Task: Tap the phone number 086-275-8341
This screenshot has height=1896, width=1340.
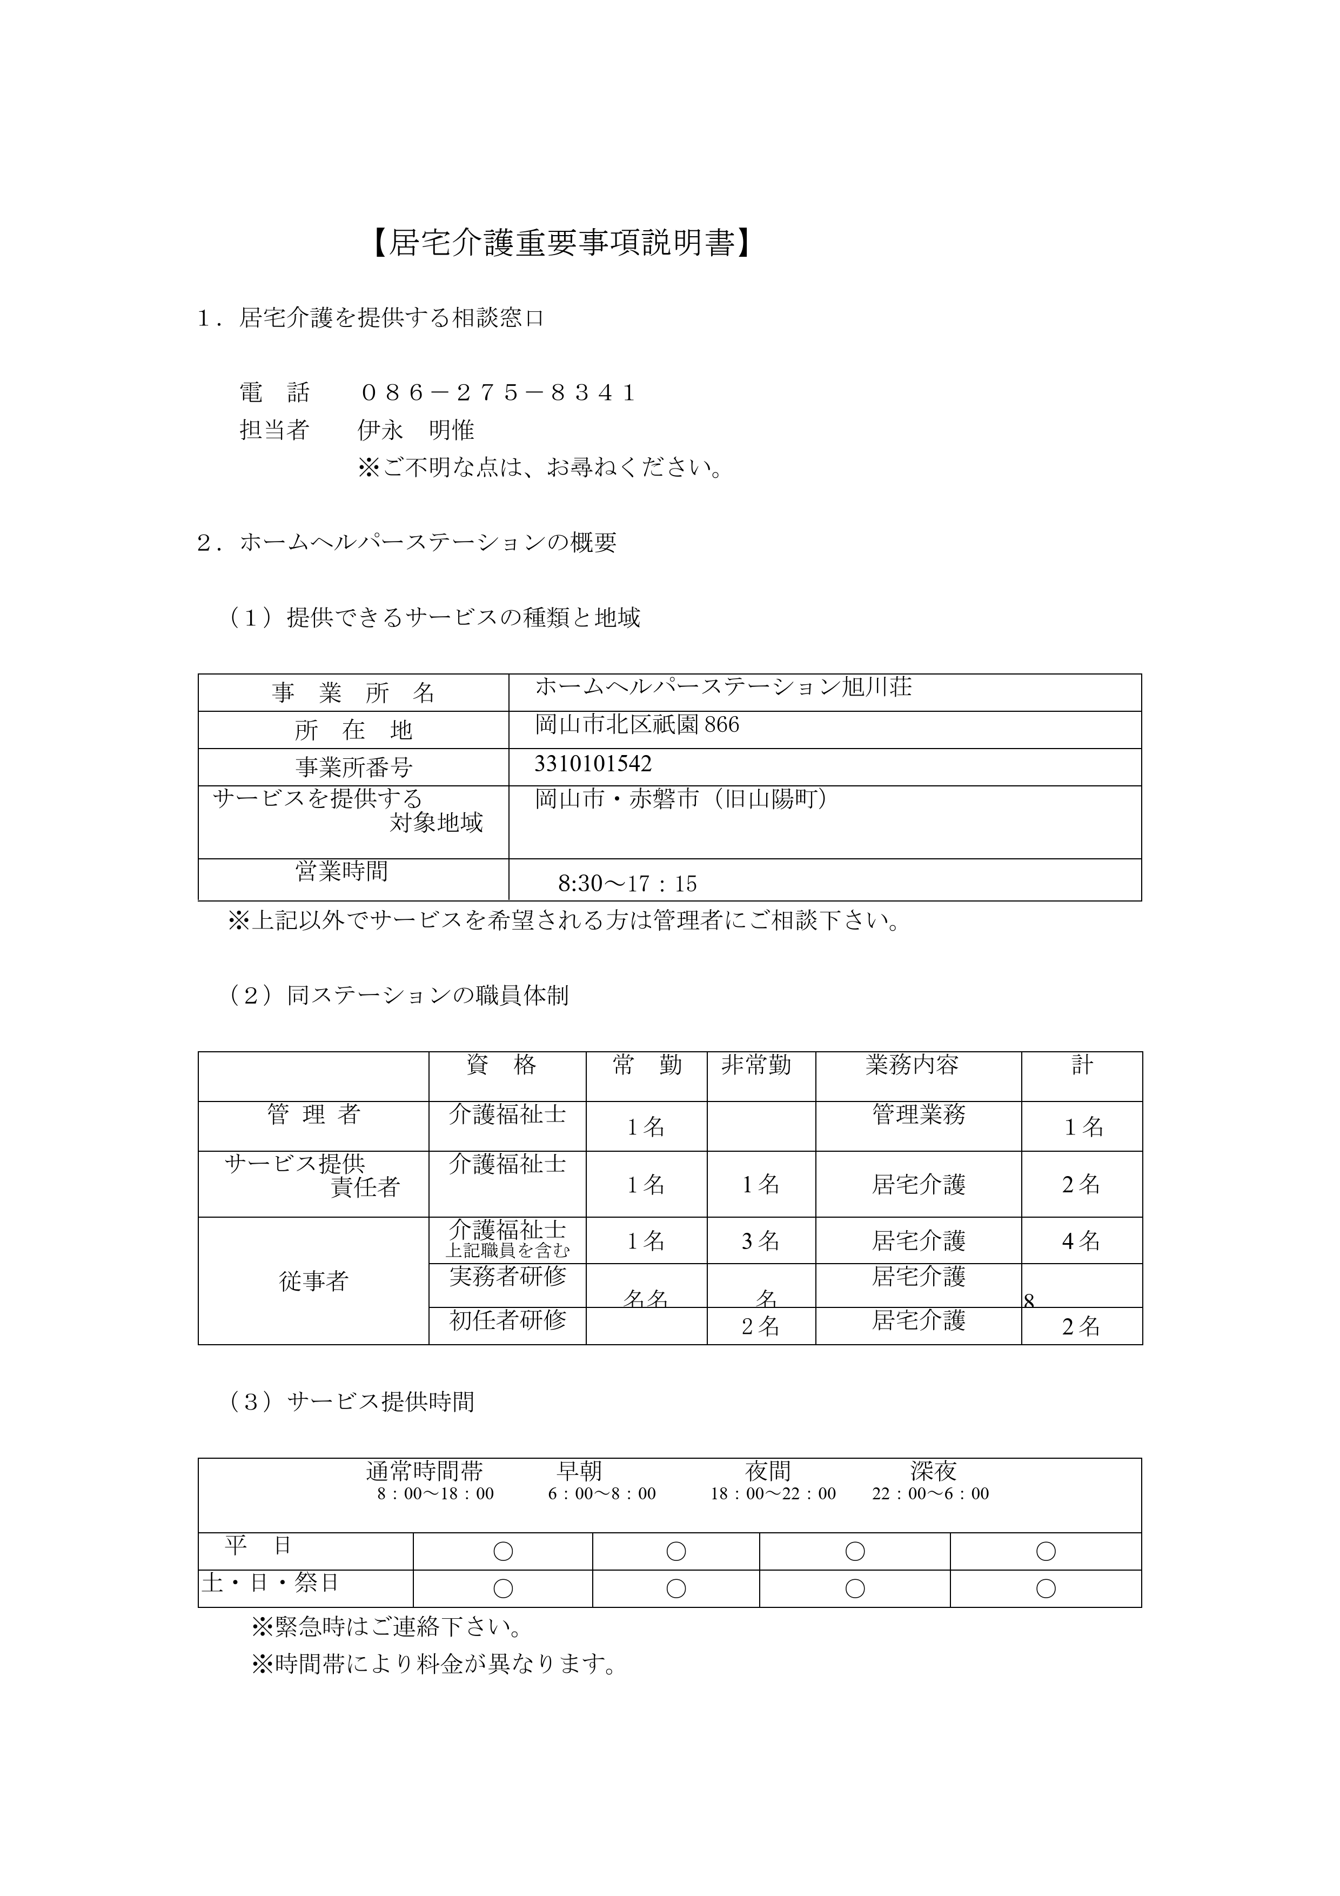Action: (497, 392)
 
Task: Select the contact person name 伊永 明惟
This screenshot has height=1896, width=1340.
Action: (416, 430)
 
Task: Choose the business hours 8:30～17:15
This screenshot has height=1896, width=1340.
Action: (627, 884)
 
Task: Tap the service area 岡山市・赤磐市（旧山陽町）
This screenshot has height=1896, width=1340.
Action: (681, 799)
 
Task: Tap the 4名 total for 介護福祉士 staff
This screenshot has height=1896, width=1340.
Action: (1081, 1241)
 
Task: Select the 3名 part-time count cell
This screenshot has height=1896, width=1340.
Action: (760, 1241)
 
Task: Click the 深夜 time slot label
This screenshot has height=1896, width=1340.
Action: (933, 1471)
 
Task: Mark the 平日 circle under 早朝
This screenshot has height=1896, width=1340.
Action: (675, 1552)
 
